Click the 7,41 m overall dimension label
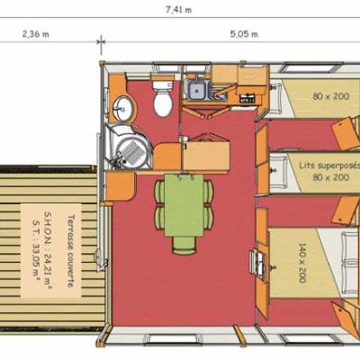179,10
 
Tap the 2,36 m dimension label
35,33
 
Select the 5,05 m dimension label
244,33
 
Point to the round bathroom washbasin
122,108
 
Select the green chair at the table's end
184,246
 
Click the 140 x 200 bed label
301,263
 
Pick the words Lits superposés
329,166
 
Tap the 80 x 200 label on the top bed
331,96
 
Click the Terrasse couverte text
71,251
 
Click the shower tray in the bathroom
131,149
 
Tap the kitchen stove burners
247,98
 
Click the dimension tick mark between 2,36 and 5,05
101,41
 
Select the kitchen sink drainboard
218,92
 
